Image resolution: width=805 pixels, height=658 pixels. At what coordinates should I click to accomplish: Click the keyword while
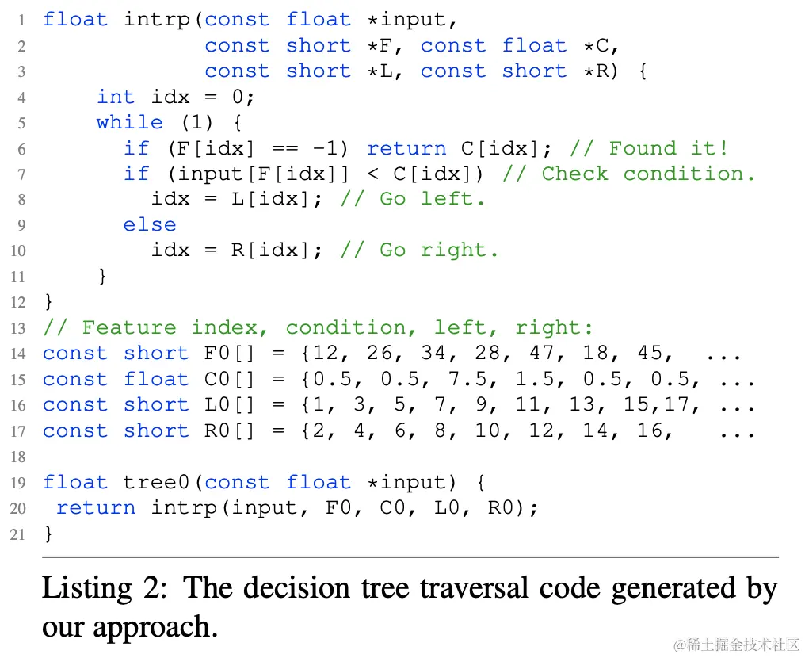[x=129, y=122]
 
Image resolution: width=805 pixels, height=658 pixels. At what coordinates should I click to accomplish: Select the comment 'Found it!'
[x=669, y=148]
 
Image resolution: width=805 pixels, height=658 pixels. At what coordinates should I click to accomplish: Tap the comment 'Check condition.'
[x=648, y=174]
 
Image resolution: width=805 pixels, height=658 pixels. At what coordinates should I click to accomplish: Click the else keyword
[x=149, y=224]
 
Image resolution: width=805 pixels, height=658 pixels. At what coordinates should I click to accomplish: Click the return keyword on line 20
[x=96, y=508]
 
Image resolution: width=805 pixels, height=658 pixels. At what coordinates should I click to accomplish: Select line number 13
[x=17, y=328]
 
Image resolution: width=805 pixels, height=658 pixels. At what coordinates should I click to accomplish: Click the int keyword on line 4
[x=115, y=97]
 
